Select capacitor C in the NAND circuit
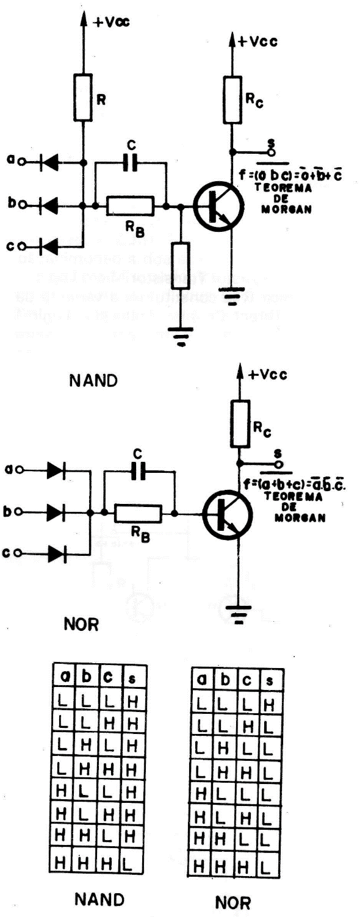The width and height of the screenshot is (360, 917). (x=131, y=163)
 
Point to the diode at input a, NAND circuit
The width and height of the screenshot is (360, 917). (x=51, y=162)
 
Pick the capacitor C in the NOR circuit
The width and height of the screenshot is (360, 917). (x=139, y=470)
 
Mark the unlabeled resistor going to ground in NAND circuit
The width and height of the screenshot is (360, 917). (x=181, y=263)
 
